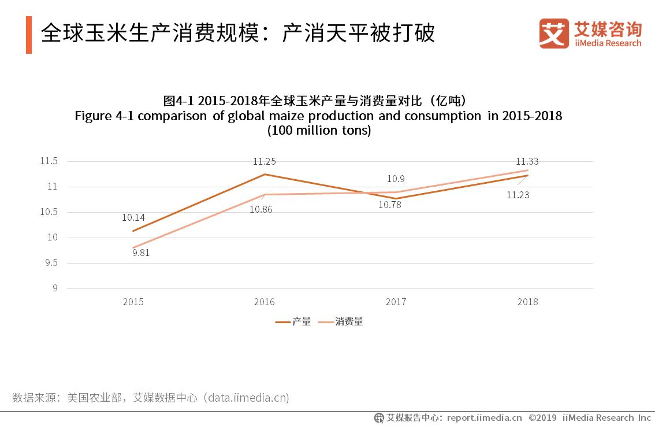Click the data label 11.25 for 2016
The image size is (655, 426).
[264, 161]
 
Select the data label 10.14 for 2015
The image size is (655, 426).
[133, 218]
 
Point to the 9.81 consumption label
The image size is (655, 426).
[141, 253]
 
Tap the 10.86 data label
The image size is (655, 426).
[260, 209]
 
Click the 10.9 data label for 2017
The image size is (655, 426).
[396, 179]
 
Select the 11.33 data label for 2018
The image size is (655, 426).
[527, 161]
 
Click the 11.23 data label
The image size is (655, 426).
[518, 195]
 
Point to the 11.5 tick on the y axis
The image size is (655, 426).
[49, 161]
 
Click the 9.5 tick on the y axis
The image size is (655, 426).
[51, 263]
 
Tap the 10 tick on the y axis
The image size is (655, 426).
[53, 238]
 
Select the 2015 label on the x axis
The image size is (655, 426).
[133, 302]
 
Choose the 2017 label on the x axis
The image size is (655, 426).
[396, 302]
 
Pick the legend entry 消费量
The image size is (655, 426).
[349, 322]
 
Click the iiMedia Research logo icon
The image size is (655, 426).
[554, 34]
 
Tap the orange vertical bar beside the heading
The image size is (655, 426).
[29, 35]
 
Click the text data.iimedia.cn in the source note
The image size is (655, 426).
[248, 398]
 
